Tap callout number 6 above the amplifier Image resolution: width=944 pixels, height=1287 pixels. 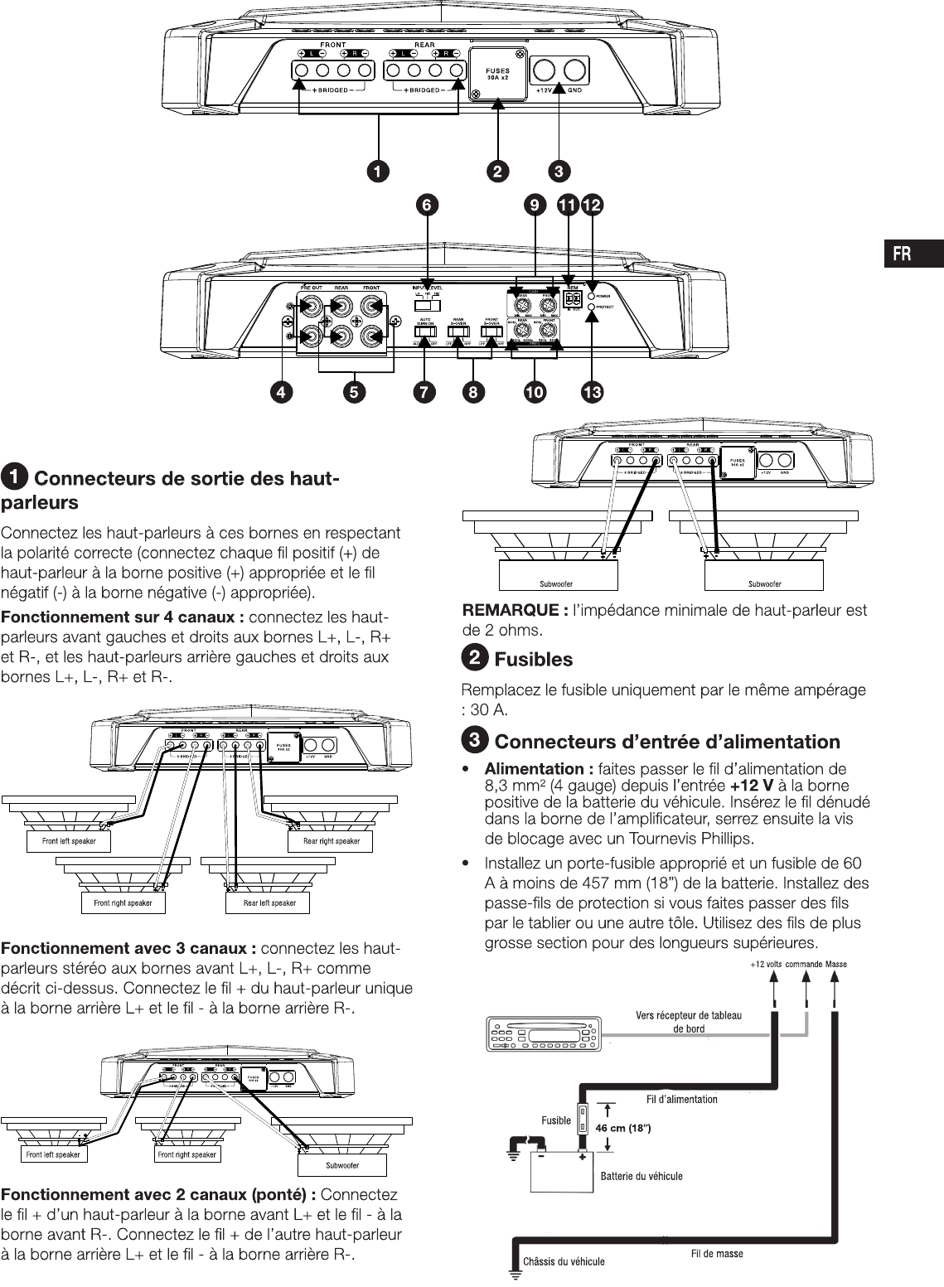428,204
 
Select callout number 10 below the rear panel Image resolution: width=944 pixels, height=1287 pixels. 533,392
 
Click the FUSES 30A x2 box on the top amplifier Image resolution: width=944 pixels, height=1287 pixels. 497,75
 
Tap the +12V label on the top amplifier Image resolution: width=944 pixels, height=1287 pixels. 544,90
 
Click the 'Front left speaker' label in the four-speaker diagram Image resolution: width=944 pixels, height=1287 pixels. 69,841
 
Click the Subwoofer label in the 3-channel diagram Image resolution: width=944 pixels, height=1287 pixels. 341,1165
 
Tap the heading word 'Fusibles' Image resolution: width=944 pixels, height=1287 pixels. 533,660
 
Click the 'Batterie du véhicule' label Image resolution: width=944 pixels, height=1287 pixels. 641,1175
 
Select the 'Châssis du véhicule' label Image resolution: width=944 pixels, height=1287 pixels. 563,1261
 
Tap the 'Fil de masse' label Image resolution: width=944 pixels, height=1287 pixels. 717,1254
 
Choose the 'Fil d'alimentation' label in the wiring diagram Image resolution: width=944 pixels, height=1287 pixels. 681,1099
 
